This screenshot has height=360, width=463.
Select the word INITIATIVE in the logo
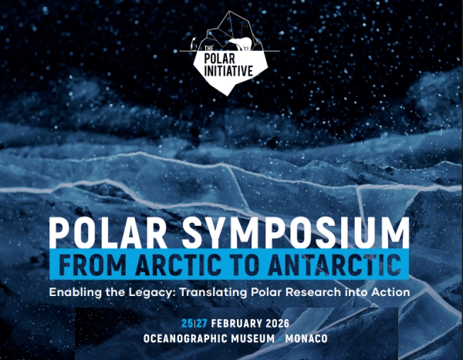click(x=230, y=71)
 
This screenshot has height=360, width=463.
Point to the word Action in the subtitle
click(x=389, y=293)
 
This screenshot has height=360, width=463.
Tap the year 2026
click(x=277, y=322)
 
